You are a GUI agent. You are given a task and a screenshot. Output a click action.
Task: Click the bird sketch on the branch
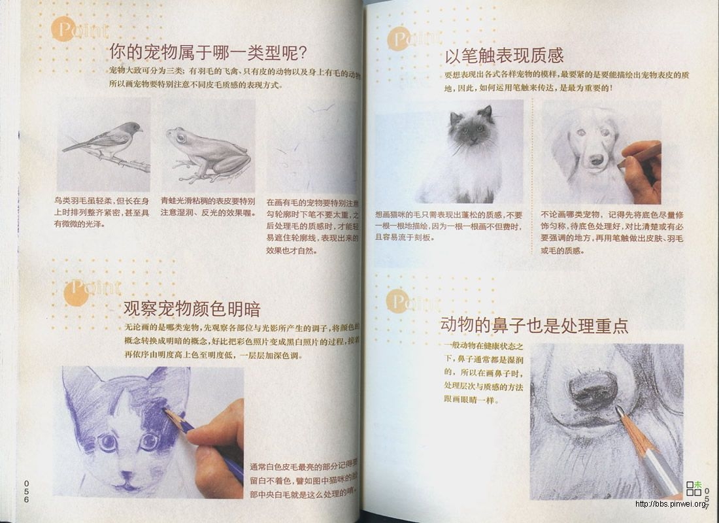coord(109,141)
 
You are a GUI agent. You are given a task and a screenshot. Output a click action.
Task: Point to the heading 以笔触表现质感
coord(504,55)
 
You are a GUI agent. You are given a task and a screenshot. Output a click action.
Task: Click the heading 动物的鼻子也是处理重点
coord(534,326)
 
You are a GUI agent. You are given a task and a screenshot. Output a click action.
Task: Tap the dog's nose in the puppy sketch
coord(596,159)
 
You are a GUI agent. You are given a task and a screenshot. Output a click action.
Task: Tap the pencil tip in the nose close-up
coord(618,411)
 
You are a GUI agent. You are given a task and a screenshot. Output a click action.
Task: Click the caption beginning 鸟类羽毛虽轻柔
coord(101,212)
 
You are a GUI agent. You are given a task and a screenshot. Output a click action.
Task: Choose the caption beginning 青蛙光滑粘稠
coord(208,207)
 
